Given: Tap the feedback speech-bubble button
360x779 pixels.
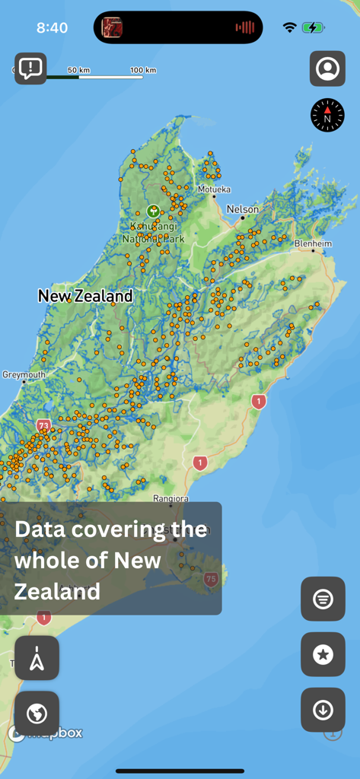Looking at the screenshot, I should [30, 68].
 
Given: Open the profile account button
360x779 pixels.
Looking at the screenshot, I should [327, 68].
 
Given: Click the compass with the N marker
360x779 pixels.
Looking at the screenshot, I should [327, 116].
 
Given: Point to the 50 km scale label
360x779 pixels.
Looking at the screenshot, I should [78, 70].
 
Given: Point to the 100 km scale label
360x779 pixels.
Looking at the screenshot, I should [143, 70].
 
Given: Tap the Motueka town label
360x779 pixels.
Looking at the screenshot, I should [214, 189].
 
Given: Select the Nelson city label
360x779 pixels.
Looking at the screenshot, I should [243, 209].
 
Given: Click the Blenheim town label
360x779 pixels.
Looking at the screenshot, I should [314, 243].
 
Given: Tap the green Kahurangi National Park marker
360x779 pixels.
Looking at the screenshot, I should [153, 211].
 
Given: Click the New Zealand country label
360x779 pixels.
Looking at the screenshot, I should [85, 296].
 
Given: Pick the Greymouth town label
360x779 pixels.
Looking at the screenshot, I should [24, 375].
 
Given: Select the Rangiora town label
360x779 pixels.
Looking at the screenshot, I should [170, 499].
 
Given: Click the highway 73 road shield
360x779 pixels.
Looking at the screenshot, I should [43, 425].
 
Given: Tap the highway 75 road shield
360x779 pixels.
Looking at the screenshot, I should [211, 580].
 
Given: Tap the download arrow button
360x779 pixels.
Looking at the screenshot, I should [323, 710].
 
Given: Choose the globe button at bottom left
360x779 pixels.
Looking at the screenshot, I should [37, 714].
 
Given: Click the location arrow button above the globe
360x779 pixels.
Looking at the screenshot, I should [37, 658].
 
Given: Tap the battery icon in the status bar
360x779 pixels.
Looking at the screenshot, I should [313, 27].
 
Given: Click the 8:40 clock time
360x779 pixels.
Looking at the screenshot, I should [52, 28].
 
